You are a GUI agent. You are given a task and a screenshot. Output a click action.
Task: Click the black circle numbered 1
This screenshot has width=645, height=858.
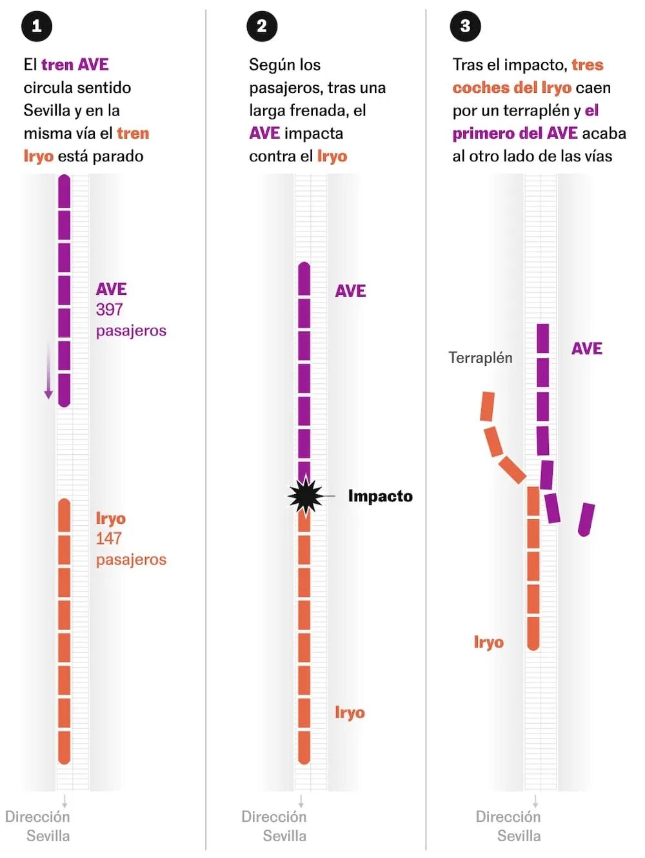(x=37, y=26)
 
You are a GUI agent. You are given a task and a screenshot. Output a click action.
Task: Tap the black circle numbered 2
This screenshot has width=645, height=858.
(x=262, y=26)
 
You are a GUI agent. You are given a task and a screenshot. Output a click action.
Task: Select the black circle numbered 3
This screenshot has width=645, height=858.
(x=465, y=26)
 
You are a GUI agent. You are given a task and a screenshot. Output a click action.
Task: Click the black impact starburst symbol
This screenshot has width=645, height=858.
(x=305, y=495)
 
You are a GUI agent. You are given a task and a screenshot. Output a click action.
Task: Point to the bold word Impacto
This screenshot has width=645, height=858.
(x=380, y=496)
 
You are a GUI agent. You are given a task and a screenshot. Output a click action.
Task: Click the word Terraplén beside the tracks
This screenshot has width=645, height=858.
(x=480, y=357)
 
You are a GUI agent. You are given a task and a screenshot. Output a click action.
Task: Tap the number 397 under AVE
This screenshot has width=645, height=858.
(x=110, y=310)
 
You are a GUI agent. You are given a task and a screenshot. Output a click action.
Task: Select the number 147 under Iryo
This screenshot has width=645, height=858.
(x=108, y=539)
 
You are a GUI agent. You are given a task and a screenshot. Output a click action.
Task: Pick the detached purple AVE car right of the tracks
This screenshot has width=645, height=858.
(x=586, y=519)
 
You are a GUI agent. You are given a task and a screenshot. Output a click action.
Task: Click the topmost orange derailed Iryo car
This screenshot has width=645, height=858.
(x=487, y=406)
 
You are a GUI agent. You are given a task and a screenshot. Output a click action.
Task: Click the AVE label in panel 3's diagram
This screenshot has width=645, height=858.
(x=587, y=348)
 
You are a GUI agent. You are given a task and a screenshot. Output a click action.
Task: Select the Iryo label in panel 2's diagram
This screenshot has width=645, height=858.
(x=350, y=713)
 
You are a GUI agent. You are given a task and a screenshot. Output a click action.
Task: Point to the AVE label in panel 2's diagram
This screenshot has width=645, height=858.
(x=350, y=291)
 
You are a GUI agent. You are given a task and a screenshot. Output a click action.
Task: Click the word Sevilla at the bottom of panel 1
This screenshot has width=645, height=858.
(x=48, y=835)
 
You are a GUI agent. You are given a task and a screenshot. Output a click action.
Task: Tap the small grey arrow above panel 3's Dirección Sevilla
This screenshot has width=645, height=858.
(x=535, y=801)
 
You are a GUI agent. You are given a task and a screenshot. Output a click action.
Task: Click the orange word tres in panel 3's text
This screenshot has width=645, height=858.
(x=588, y=65)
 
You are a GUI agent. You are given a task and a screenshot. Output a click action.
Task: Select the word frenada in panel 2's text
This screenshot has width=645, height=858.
(x=319, y=110)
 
